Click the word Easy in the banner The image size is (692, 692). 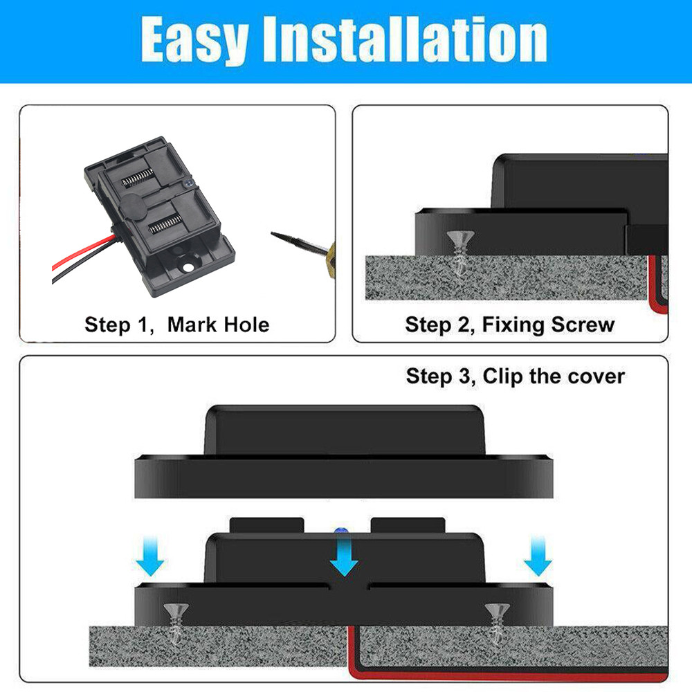pyautogui.click(x=194, y=41)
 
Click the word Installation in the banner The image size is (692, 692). pyautogui.click(x=405, y=39)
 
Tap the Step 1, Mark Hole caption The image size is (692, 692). pyautogui.click(x=176, y=325)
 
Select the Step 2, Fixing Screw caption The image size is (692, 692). pyautogui.click(x=510, y=325)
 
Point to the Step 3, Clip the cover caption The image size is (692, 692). pyautogui.click(x=515, y=376)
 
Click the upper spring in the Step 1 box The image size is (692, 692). pyautogui.click(x=138, y=177)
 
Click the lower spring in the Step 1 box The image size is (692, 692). pyautogui.click(x=165, y=224)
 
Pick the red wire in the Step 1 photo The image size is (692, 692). pyautogui.click(x=82, y=252)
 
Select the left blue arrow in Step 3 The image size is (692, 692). pyautogui.click(x=150, y=556)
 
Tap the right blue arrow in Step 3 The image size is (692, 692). pyautogui.click(x=538, y=556)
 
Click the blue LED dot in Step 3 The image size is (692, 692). pyautogui.click(x=339, y=531)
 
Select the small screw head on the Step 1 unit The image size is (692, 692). pyautogui.click(x=189, y=182)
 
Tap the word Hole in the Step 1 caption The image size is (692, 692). pyautogui.click(x=247, y=325)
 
